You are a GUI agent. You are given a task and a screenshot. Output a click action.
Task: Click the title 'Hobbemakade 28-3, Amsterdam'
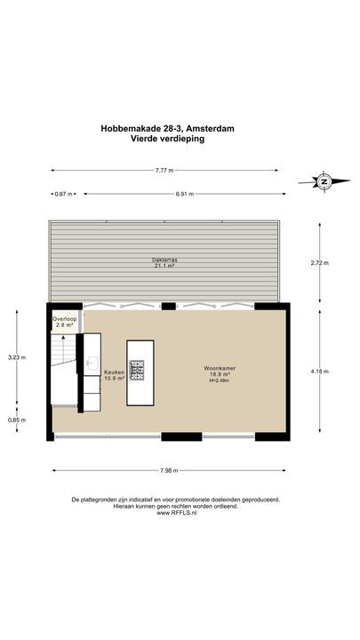pyautogui.click(x=167, y=128)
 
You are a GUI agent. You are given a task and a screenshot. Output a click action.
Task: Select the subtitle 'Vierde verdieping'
pyautogui.click(x=167, y=139)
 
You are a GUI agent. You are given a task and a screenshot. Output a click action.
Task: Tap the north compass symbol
pyautogui.click(x=324, y=181)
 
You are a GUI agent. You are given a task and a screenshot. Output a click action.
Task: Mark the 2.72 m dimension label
pyautogui.click(x=319, y=263)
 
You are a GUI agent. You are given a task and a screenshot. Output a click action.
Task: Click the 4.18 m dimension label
pyautogui.click(x=319, y=372)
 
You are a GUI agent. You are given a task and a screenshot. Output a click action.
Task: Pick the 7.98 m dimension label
pyautogui.click(x=168, y=470)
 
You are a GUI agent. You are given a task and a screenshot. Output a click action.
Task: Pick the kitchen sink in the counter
pyautogui.click(x=92, y=364)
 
